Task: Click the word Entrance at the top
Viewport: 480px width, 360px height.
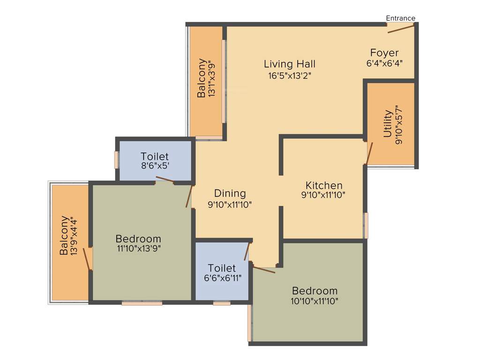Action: [x=400, y=18]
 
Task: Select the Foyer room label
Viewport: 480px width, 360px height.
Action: [x=384, y=52]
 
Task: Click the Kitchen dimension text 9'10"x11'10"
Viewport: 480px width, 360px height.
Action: [x=324, y=195]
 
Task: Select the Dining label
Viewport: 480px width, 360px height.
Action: [x=230, y=193]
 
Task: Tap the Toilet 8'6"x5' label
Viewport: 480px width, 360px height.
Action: [x=154, y=156]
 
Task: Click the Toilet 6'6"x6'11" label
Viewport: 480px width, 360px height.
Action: [x=222, y=268]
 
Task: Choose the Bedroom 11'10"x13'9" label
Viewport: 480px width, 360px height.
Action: [x=138, y=239]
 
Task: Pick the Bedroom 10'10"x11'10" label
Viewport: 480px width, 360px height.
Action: [x=314, y=291]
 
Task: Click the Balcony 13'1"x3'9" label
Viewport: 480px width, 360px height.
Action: [x=202, y=78]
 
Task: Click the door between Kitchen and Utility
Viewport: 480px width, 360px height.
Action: [x=369, y=152]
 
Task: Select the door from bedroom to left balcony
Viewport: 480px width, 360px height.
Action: [x=86, y=259]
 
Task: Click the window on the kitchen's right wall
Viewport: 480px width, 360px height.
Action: [x=366, y=225]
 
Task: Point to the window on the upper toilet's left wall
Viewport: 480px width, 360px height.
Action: [x=116, y=159]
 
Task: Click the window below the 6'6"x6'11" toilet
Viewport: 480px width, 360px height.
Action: [x=222, y=303]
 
